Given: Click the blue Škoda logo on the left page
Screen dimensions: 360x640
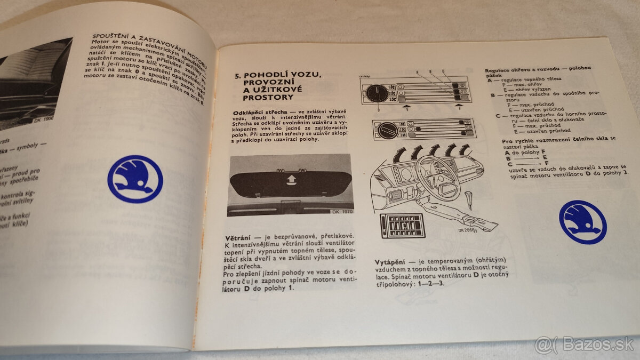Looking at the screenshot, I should pyautogui.click(x=135, y=179).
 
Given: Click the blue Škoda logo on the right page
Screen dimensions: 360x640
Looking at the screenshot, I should pyautogui.click(x=582, y=222).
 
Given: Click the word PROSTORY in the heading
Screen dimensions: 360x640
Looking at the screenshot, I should pyautogui.click(x=267, y=98).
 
